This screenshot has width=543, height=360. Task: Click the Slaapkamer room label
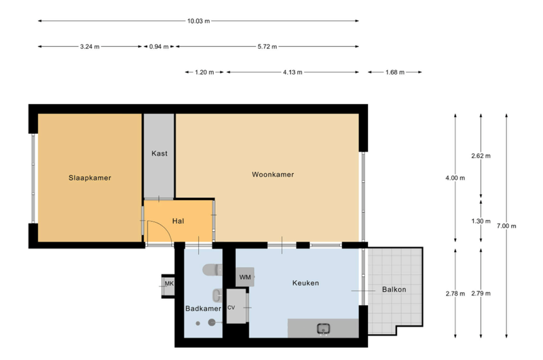pyautogui.click(x=90, y=178)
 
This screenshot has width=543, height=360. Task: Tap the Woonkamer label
pyautogui.click(x=273, y=175)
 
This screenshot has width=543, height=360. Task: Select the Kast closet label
pyautogui.click(x=160, y=153)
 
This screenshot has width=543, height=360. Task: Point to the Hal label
pyautogui.click(x=178, y=221)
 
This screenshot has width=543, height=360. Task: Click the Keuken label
pyautogui.click(x=305, y=283)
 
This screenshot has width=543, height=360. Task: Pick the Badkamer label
pyautogui.click(x=203, y=308)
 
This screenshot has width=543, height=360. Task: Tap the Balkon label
pyautogui.click(x=394, y=289)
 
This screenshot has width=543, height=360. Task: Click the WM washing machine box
pyautogui.click(x=245, y=277)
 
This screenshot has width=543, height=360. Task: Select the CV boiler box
pyautogui.click(x=236, y=306)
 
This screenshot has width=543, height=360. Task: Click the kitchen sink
pyautogui.click(x=324, y=329)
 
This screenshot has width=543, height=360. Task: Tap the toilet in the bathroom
pyautogui.click(x=212, y=270)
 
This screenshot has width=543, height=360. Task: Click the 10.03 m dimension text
pyautogui.click(x=198, y=21)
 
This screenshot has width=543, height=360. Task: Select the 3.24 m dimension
pyautogui.click(x=90, y=47)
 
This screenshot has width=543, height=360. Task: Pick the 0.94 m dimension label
pyautogui.click(x=159, y=47)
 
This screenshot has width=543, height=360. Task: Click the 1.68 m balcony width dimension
pyautogui.click(x=395, y=73)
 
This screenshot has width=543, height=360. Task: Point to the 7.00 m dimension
pyautogui.click(x=506, y=226)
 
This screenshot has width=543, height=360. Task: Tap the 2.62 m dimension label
pyautogui.click(x=481, y=156)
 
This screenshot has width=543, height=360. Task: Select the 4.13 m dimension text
pyautogui.click(x=293, y=73)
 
